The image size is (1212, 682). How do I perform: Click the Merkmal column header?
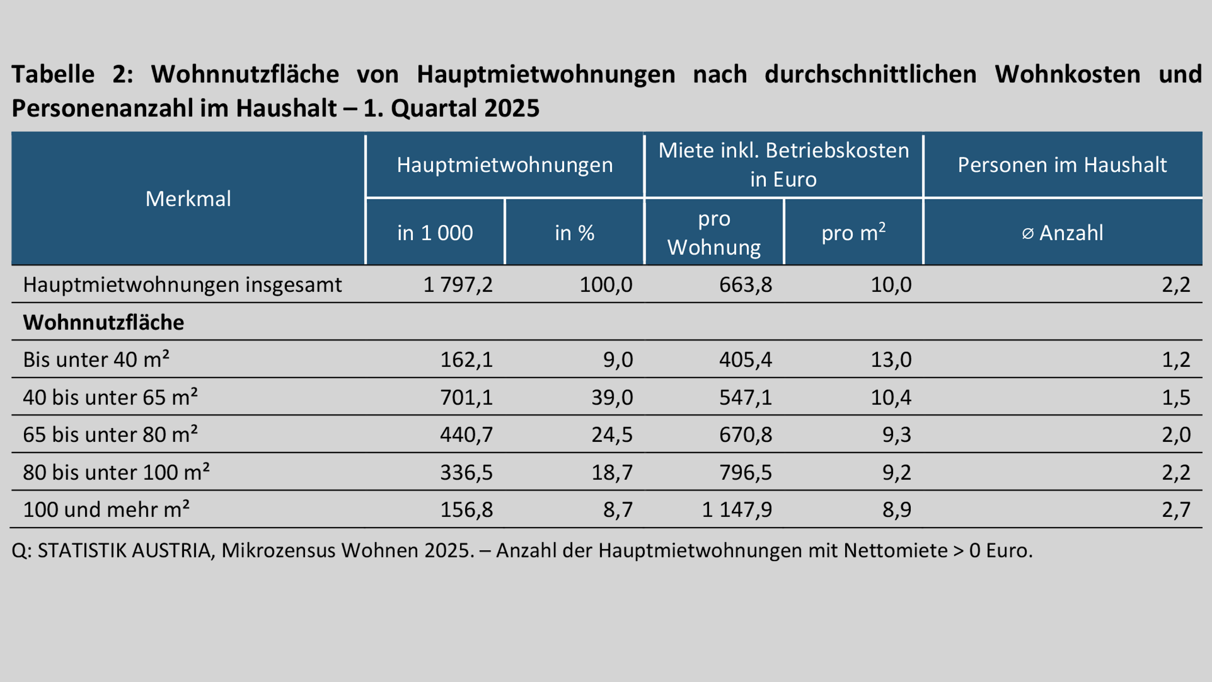click(x=188, y=199)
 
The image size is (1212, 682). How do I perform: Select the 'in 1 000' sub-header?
click(x=435, y=233)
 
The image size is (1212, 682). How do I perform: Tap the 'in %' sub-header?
click(x=574, y=233)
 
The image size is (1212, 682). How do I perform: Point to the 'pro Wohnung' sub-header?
click(x=714, y=233)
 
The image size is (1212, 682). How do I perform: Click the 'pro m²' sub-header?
click(x=853, y=233)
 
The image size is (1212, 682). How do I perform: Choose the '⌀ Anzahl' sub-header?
click(x=1062, y=233)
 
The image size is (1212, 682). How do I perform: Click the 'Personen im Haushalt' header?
click(x=1062, y=165)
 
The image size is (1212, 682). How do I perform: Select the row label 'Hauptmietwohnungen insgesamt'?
click(x=182, y=285)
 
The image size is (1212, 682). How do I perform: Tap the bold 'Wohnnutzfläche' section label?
click(x=103, y=322)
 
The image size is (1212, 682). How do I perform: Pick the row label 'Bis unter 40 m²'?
click(x=96, y=360)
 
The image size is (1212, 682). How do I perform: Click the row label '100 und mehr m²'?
click(x=106, y=510)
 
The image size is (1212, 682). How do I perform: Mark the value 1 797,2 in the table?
click(x=458, y=285)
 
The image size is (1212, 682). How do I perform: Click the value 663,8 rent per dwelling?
click(x=745, y=285)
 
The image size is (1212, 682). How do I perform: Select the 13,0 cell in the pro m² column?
click(x=891, y=360)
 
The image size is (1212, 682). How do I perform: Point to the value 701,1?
click(x=466, y=397)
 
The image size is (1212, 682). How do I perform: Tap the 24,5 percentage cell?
click(x=612, y=435)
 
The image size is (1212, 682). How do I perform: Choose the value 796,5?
click(x=745, y=472)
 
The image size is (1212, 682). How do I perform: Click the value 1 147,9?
click(x=737, y=510)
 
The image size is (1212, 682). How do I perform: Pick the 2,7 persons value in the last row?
click(x=1176, y=510)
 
